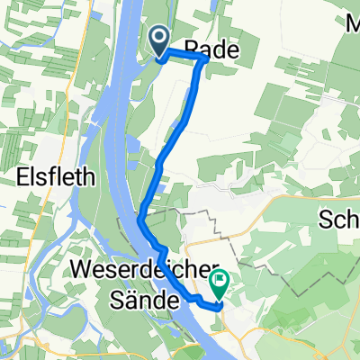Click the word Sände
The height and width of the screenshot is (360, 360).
pos(139,301)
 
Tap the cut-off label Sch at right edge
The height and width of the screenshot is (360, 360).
pos(338,220)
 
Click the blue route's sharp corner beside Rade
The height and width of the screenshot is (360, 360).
pos(206,58)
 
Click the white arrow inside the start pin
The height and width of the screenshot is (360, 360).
pos(158,37)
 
